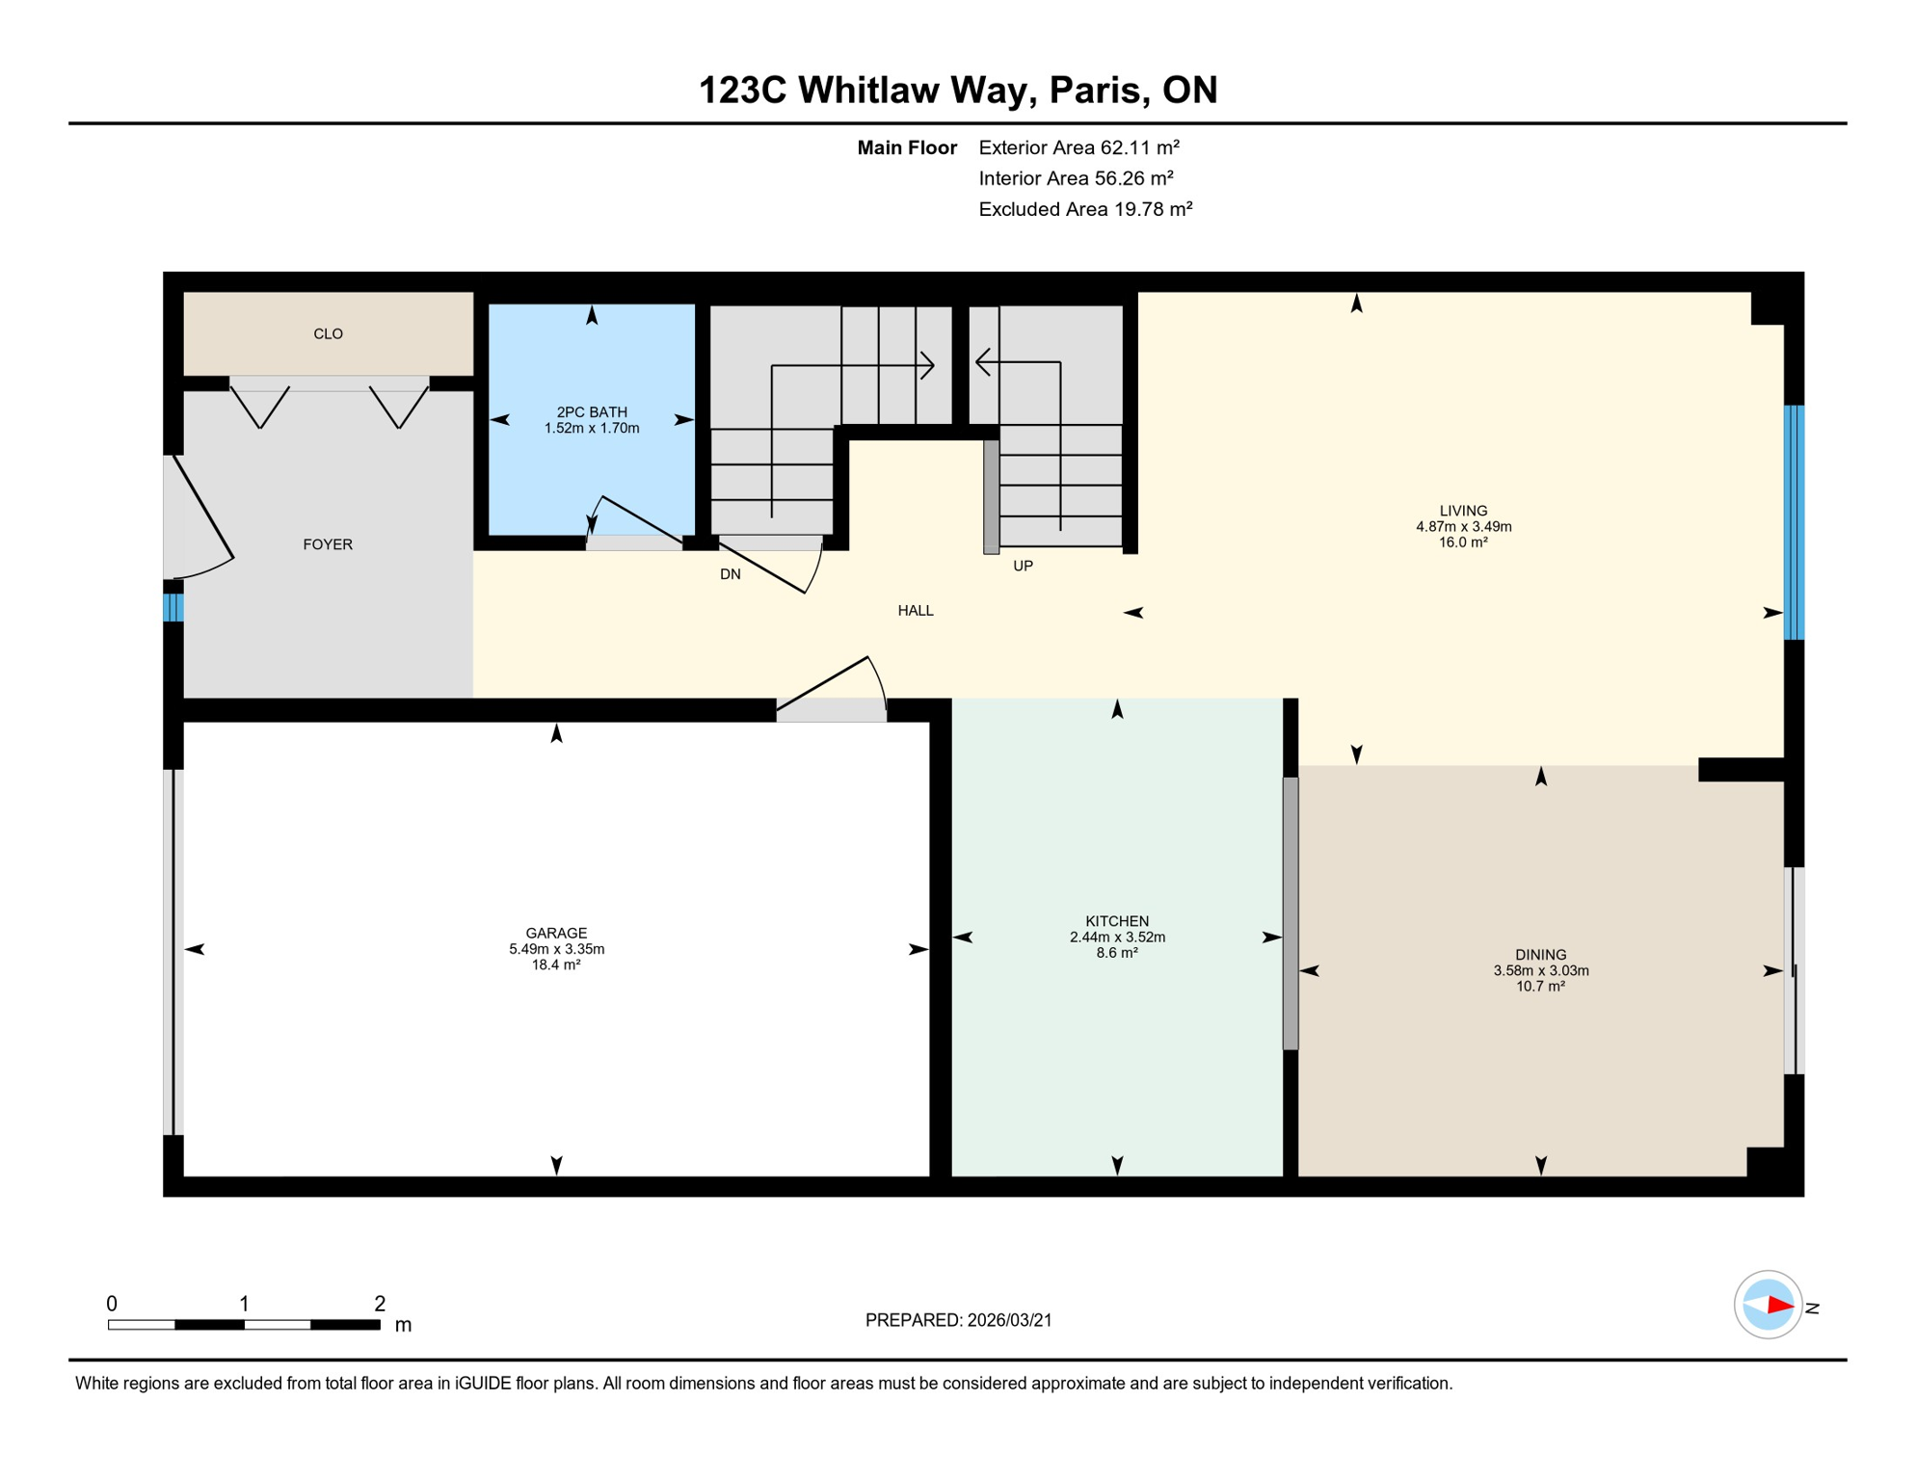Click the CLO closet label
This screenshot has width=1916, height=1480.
[328, 333]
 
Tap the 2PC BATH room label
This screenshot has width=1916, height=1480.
[592, 411]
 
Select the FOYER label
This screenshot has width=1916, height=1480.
[328, 544]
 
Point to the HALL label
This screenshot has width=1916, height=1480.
[916, 610]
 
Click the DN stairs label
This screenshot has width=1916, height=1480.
[731, 574]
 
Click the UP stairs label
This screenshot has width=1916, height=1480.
[1023, 566]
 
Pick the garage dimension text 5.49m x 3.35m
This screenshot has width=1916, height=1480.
[557, 949]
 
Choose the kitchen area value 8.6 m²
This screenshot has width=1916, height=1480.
[1117, 953]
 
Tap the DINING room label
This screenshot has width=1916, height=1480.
[1540, 955]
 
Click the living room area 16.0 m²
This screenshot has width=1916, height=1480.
[1463, 542]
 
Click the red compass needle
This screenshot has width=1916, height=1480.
[1779, 1306]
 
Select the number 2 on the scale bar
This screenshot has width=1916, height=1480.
[380, 1304]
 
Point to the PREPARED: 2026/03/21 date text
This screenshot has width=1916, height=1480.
[958, 1320]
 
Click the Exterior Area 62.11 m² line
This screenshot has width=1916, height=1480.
[1078, 147]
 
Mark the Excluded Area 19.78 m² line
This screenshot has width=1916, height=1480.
[1085, 209]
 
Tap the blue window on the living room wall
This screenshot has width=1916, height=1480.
[1794, 522]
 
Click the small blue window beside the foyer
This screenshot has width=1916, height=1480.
[173, 607]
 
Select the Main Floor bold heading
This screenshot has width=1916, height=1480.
[907, 147]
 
